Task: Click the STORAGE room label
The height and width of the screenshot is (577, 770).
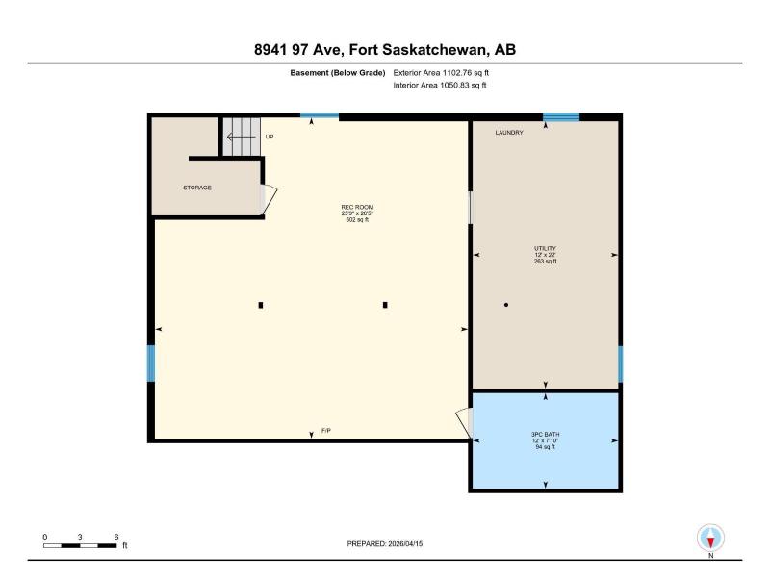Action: pos(197,188)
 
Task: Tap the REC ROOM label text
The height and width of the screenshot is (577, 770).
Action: pos(357,207)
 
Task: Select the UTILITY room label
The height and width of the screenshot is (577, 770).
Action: pos(545,248)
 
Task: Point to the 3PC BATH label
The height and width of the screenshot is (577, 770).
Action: pos(545,435)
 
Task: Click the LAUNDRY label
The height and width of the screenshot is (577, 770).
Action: pos(509,133)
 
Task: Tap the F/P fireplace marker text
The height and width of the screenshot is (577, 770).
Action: pos(326,430)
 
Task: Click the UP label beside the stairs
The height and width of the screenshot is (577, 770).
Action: pos(269,137)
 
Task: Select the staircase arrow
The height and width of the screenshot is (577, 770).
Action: pos(242,137)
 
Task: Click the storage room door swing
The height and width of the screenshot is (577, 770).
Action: pos(269,199)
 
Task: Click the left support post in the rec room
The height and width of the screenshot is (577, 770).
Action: pos(261,305)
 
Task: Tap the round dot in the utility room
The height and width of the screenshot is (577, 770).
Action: pos(506,305)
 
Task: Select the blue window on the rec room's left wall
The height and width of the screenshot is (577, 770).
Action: pos(151,364)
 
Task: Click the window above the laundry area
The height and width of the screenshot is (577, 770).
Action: pos(561,116)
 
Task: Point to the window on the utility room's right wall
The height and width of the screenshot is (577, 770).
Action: pos(620,364)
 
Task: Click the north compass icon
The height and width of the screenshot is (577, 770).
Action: pos(710,539)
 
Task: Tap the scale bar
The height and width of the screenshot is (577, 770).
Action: pos(80,545)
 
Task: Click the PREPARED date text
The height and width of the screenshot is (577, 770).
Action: pos(384,543)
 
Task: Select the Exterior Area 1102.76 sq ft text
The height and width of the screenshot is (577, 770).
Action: pos(441,73)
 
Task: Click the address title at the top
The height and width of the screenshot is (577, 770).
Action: pos(385,50)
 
